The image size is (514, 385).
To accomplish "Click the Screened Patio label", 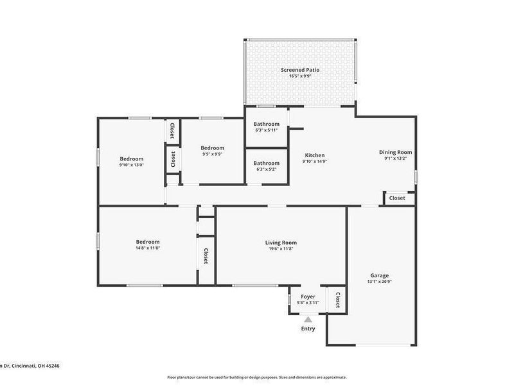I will pyautogui.click(x=300, y=69).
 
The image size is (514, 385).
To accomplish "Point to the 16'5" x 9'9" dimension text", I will pyautogui.click(x=300, y=76).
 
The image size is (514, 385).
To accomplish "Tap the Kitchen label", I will pyautogui.click(x=314, y=155).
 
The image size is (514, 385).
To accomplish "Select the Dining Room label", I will pyautogui.click(x=398, y=152).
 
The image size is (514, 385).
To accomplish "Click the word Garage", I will pyautogui.click(x=379, y=275).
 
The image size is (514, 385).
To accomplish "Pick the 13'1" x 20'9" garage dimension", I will pyautogui.click(x=379, y=282).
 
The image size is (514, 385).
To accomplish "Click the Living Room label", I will pyautogui.click(x=281, y=243).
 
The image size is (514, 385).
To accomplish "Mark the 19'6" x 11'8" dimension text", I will pyautogui.click(x=281, y=249).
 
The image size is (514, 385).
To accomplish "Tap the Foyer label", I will pyautogui.click(x=308, y=296).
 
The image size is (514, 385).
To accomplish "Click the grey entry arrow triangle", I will pyautogui.click(x=308, y=319).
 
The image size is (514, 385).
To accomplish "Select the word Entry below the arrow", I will pyautogui.click(x=308, y=329).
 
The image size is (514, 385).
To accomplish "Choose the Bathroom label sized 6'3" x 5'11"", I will pyautogui.click(x=266, y=124).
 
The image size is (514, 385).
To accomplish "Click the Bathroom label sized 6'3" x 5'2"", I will pyautogui.click(x=266, y=163).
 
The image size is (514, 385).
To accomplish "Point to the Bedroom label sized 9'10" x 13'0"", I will pyautogui.click(x=131, y=158).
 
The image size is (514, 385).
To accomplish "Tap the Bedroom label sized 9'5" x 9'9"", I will pyautogui.click(x=212, y=148).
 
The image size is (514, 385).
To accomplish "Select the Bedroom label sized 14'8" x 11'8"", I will pyautogui.click(x=147, y=243).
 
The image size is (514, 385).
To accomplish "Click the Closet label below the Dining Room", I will pyautogui.click(x=398, y=198).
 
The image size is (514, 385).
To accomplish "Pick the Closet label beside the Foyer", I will pyautogui.click(x=337, y=299).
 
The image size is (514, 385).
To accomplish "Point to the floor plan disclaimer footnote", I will pyautogui.click(x=257, y=377).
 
